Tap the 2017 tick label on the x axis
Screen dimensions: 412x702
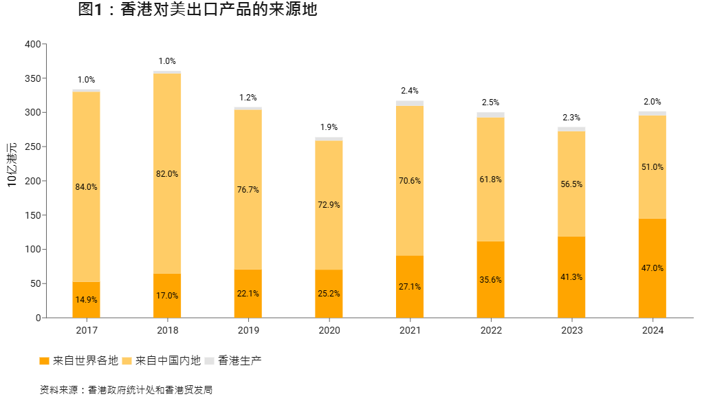click(87, 331)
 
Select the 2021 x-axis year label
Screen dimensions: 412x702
click(410, 331)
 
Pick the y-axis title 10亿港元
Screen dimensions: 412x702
click(12, 165)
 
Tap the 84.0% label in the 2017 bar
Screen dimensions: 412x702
click(87, 186)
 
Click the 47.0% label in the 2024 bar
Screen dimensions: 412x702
click(652, 268)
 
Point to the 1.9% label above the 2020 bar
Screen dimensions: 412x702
click(329, 127)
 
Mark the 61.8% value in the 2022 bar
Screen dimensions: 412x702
click(491, 180)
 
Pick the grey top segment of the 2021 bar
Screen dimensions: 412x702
click(410, 103)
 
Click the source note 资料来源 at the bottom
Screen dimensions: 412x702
click(126, 390)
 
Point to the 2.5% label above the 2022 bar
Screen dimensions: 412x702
click(491, 102)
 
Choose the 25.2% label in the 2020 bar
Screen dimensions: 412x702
click(329, 293)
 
